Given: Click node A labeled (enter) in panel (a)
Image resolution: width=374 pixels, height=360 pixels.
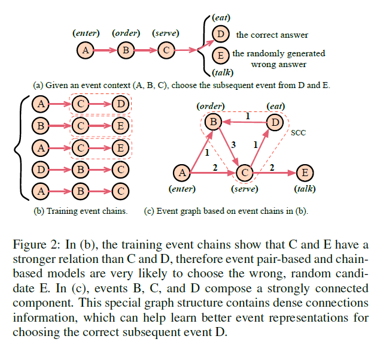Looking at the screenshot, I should [x=85, y=50].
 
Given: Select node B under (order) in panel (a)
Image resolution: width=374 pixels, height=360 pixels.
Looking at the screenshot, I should [x=125, y=50].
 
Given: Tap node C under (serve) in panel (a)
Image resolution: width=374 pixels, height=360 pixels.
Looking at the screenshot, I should [x=165, y=50].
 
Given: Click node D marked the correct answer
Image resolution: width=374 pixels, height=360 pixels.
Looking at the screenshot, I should [x=221, y=34].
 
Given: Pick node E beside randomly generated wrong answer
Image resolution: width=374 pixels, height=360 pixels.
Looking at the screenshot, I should [x=221, y=56].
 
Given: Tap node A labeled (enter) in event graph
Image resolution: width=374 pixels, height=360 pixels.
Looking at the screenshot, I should [x=181, y=173].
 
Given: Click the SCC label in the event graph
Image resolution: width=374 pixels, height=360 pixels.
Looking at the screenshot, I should [x=298, y=132].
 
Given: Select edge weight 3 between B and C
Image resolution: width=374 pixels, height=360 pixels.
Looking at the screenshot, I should [x=234, y=145].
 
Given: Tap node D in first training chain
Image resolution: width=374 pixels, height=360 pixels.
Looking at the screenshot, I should [x=120, y=104].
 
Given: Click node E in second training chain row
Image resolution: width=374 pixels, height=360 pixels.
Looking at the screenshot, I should [x=120, y=126].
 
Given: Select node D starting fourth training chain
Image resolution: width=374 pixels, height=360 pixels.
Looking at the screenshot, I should [x=39, y=169].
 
